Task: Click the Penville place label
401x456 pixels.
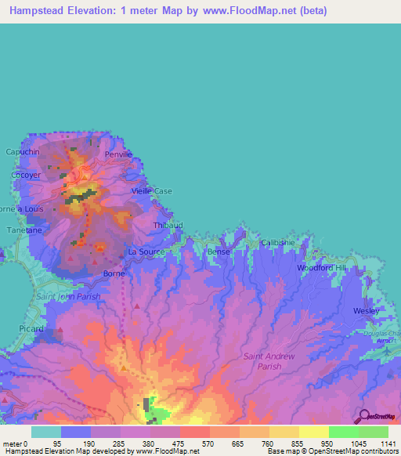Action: [120, 155]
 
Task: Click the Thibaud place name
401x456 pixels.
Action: [167, 225]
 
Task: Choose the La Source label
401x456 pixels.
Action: [144, 252]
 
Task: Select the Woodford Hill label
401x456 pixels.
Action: [320, 268]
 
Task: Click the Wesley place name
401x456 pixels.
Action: [366, 311]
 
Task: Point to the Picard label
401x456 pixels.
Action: [31, 329]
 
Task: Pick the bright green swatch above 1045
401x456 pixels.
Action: [343, 432]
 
